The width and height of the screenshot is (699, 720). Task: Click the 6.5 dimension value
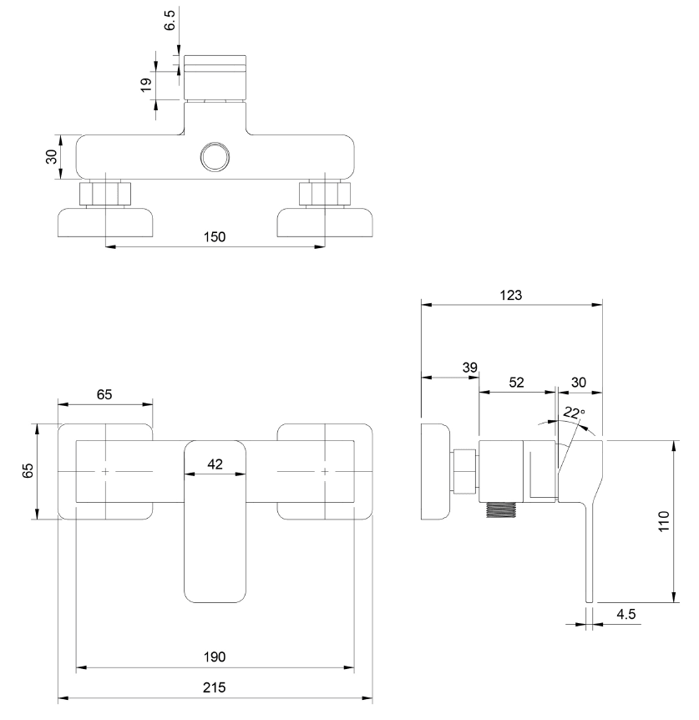[170, 20]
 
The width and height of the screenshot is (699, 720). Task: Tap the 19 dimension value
[146, 84]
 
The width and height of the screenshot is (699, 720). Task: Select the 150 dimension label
[215, 237]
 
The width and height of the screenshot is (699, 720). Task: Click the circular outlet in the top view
[215, 156]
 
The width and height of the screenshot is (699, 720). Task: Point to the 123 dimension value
[511, 295]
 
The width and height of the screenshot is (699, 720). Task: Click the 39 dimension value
[470, 368]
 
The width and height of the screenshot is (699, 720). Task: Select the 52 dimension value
[516, 383]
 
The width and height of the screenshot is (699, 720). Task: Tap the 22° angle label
[574, 413]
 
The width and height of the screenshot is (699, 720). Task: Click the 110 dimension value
[664, 521]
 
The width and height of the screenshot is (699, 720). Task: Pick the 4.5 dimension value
[626, 614]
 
